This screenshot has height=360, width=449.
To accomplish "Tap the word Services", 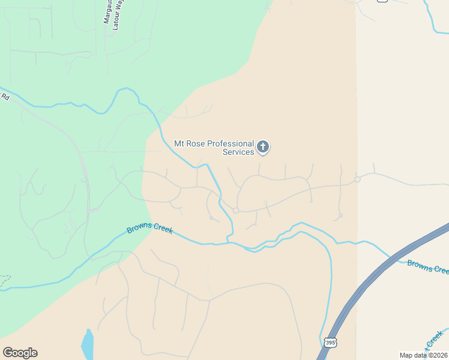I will click(238, 152).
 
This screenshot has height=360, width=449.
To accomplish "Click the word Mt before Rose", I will click(179, 143).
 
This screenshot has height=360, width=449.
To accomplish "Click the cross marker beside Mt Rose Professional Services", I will click(263, 146).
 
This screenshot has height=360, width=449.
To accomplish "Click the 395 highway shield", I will click(330, 342).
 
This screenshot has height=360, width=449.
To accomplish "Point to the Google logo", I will click(20, 353).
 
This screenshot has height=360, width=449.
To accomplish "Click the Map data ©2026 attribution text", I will click(423, 355).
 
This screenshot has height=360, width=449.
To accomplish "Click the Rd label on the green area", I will click(5, 96).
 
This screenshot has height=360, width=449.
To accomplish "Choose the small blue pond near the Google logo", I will click(88, 344).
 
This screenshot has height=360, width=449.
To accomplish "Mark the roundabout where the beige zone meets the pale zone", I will click(357, 179).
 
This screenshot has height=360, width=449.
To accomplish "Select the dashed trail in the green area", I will click(5, 280).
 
